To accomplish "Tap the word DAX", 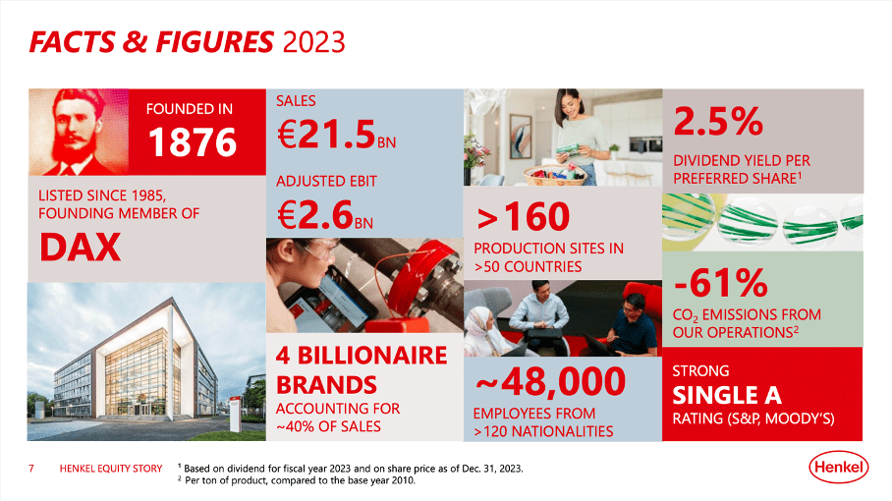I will tap(81, 247).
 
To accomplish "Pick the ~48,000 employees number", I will tap(550, 381).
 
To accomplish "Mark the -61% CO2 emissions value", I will tap(720, 283).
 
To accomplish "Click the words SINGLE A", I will tap(726, 395).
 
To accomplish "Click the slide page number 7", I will tap(32, 469).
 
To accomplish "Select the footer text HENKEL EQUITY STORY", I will tap(111, 469).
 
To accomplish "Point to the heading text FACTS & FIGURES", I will tap(150, 41).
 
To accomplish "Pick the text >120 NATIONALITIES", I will tap(542, 431).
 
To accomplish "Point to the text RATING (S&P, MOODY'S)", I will tap(753, 419).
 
